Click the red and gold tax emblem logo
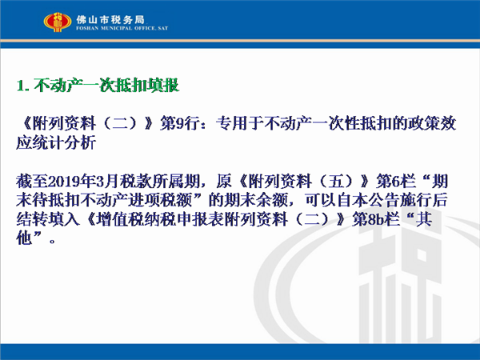(x=58, y=22)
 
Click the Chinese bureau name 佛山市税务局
(x=110, y=20)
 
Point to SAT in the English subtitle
(x=163, y=28)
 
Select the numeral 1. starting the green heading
(x=23, y=86)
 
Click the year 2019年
(x=71, y=182)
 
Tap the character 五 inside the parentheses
(x=337, y=182)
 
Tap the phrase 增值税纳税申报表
(x=160, y=219)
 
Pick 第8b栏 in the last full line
(x=376, y=219)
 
